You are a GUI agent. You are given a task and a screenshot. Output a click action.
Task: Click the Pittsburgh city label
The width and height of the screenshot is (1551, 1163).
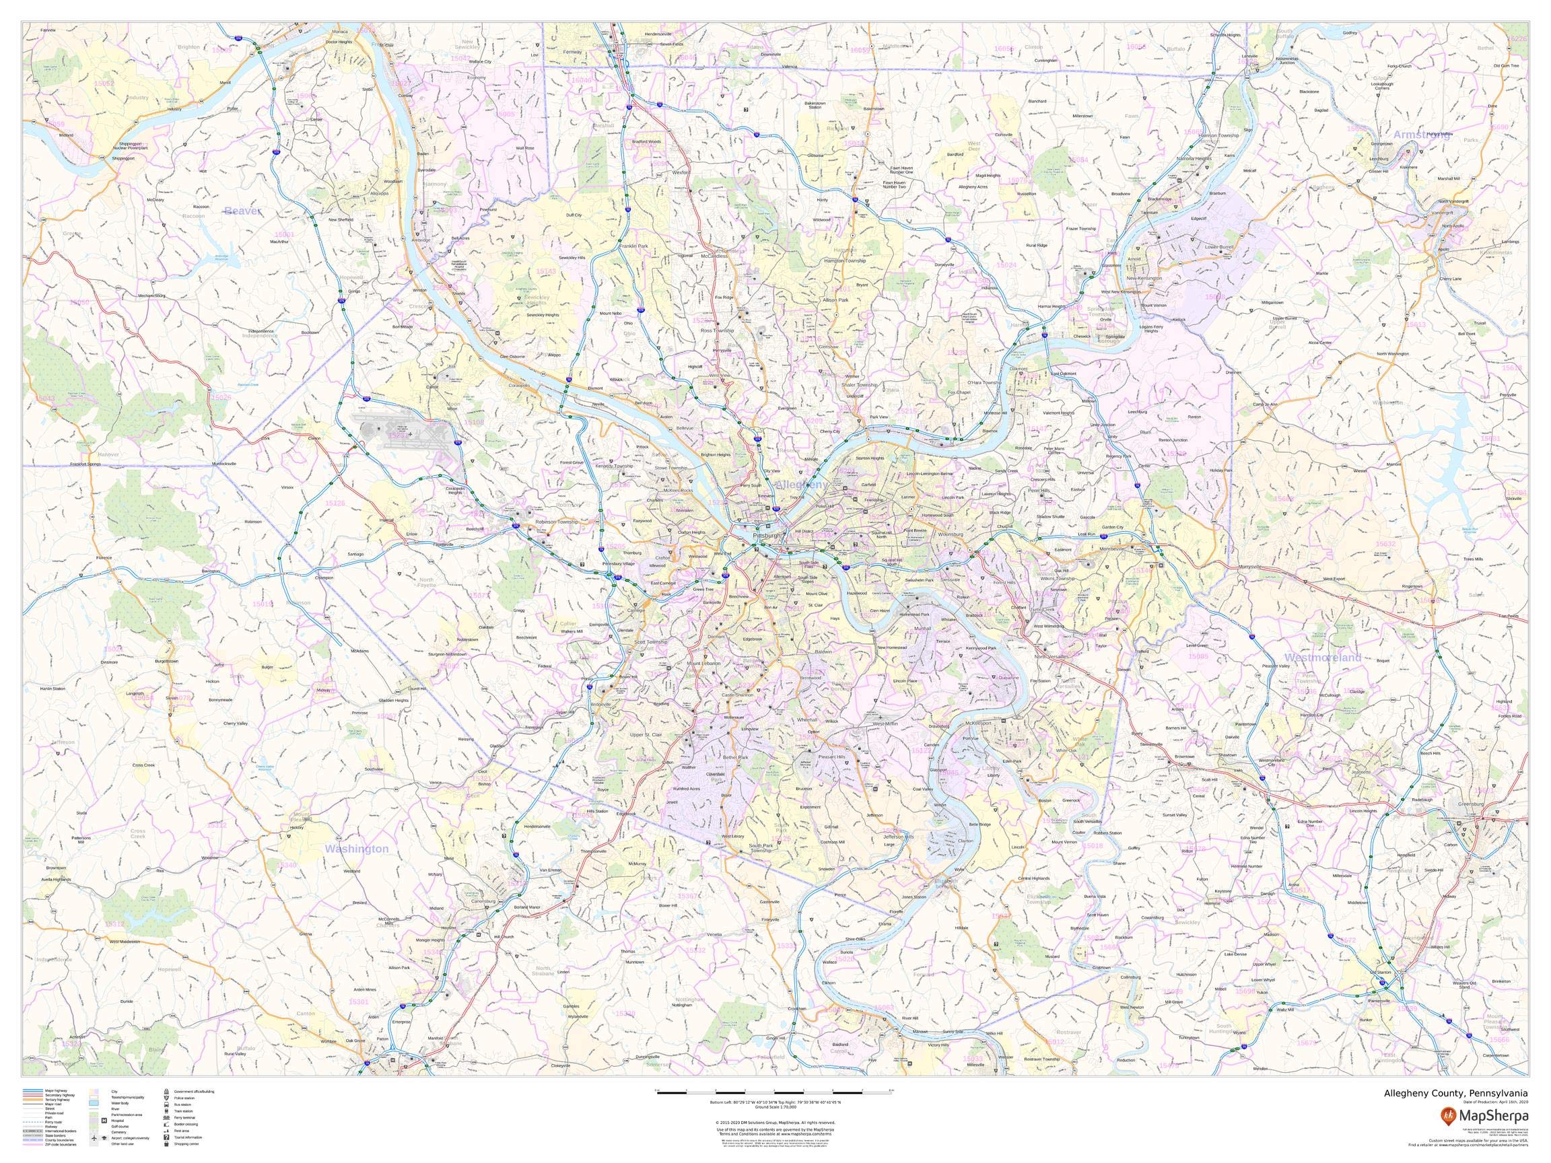coord(766,536)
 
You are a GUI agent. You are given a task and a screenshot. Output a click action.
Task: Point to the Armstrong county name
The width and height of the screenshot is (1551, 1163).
coord(1421,135)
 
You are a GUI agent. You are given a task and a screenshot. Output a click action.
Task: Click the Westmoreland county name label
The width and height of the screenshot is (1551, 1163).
coord(1322,657)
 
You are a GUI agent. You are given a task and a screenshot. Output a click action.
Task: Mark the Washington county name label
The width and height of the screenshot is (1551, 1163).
coord(356,849)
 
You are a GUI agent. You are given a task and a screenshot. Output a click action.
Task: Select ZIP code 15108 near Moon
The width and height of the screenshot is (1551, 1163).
coord(475,423)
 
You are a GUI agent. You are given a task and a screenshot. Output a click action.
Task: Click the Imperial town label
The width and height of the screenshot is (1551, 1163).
coord(386,520)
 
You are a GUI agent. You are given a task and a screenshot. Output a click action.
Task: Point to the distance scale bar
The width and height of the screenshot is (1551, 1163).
coord(774,1092)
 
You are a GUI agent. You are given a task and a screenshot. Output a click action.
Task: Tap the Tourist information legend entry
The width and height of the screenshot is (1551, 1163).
coord(188,1137)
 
